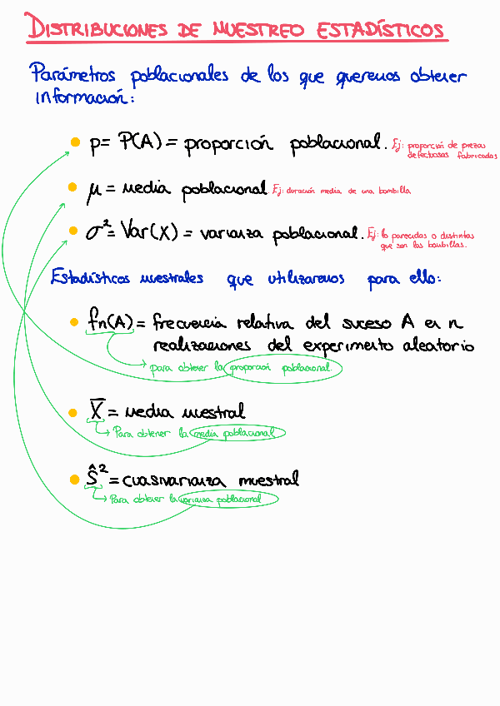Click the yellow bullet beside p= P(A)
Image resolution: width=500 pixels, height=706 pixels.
pyautogui.click(x=74, y=143)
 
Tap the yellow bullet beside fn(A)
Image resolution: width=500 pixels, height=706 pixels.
pyautogui.click(x=75, y=321)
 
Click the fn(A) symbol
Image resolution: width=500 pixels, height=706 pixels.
pyautogui.click(x=110, y=321)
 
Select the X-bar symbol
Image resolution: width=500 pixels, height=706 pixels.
pyautogui.click(x=96, y=410)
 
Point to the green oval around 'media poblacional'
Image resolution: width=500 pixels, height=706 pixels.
pyautogui.click(x=236, y=433)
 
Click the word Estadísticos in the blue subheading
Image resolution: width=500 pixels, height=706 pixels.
pyautogui.click(x=90, y=279)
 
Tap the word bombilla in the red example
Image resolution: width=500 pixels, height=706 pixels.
pyautogui.click(x=392, y=191)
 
